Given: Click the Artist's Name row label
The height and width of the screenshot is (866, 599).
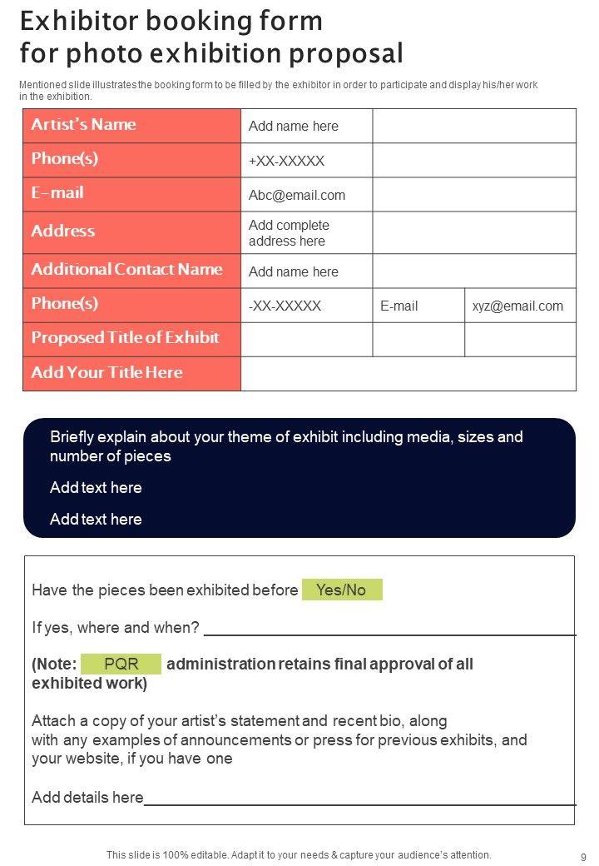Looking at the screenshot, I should tap(83, 125).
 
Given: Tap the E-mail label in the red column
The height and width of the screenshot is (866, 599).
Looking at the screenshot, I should tap(57, 193).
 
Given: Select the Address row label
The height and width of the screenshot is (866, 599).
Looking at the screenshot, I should tap(62, 231).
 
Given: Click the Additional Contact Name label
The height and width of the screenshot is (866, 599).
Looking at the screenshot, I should tap(126, 270).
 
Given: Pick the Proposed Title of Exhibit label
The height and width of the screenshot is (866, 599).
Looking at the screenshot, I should tap(125, 338).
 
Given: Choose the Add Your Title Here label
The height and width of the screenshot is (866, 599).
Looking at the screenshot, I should tap(106, 373).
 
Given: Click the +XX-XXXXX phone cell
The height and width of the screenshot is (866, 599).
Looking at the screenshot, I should tap(286, 161).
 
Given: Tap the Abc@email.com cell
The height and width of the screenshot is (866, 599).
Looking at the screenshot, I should tap(297, 196).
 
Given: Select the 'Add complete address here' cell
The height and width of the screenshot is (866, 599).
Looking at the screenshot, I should tap(289, 233).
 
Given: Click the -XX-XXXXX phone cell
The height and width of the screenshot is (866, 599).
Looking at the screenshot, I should tap(285, 306).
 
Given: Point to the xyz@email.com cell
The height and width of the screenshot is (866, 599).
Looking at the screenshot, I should tap(517, 306).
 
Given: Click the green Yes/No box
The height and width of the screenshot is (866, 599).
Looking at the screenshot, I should tap(341, 590).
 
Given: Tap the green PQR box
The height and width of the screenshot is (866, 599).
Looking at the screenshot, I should tap(121, 664).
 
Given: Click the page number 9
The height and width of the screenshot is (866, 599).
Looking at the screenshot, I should tap(583, 857).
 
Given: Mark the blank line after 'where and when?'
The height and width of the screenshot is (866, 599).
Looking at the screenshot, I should tap(389, 633).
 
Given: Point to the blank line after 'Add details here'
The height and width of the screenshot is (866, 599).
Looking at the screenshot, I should tap(359, 804).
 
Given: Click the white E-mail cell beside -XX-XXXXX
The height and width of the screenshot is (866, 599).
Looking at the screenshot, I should tap(399, 306).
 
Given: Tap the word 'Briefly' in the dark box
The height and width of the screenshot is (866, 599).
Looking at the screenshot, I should tap(74, 437).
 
